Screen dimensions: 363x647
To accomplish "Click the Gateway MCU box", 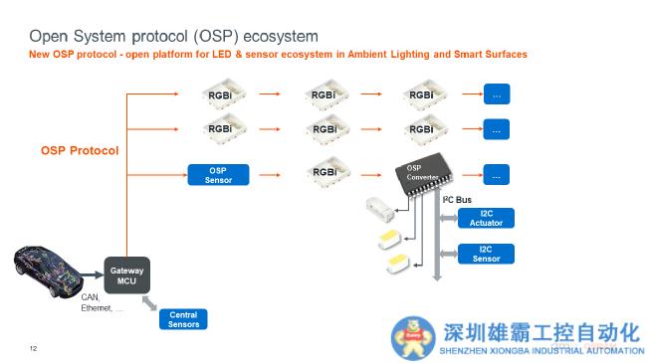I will tap(126, 275).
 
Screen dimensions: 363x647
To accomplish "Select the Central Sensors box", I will tap(183, 319).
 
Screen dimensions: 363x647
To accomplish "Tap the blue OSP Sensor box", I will tap(218, 174).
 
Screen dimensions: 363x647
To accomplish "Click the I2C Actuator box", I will tap(487, 218).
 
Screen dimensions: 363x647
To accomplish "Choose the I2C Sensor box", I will tap(487, 253).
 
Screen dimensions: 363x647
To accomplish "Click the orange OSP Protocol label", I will tap(80, 150).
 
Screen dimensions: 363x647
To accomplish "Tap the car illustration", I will tap(51, 268).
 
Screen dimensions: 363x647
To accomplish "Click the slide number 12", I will tap(33, 348).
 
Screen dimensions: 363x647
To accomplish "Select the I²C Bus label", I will tap(457, 200).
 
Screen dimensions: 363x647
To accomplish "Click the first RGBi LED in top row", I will tap(219, 94).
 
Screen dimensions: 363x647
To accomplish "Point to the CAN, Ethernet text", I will tap(102, 302).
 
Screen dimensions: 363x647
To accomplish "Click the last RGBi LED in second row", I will tap(422, 128).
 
